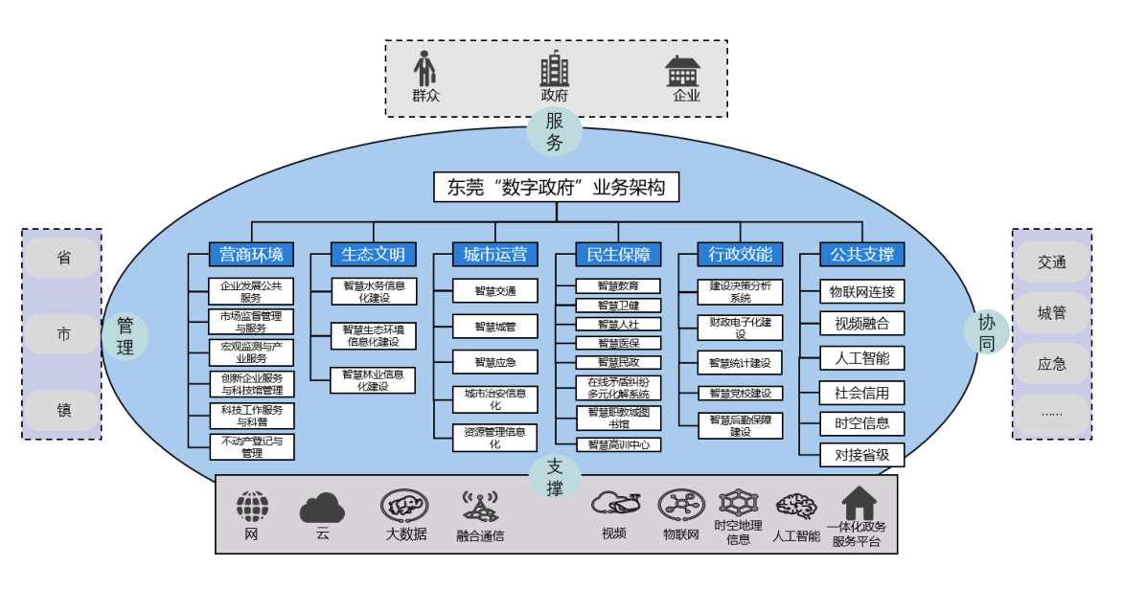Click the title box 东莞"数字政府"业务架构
[557, 187]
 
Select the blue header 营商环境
[251, 254]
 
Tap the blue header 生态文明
[373, 254]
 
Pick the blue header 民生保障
[618, 254]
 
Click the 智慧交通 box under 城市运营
[495, 291]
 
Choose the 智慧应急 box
[495, 362]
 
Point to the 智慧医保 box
[618, 343]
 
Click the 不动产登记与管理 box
[252, 446]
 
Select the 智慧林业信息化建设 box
[373, 380]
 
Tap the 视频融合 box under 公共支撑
[862, 323]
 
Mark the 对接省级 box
[862, 455]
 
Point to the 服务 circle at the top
[555, 131]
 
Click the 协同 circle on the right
[987, 332]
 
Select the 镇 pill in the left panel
[62, 412]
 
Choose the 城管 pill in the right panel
[1051, 312]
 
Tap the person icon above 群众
[425, 69]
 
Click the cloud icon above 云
[322, 508]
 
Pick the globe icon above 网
[252, 507]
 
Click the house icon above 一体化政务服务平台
[859, 503]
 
